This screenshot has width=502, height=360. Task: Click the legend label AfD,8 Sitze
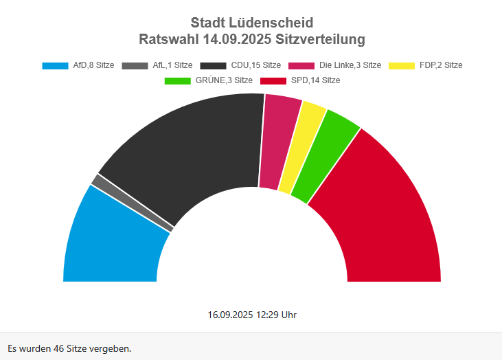pos(93,65)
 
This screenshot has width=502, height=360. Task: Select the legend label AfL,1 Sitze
pos(172,65)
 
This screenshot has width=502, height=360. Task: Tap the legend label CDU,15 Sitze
pos(256,65)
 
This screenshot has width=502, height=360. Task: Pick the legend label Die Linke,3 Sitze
pos(350,65)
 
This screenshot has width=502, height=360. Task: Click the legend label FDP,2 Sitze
pos(441,65)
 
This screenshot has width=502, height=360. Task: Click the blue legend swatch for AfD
pos(55,66)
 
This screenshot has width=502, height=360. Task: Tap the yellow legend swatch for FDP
pos(402,66)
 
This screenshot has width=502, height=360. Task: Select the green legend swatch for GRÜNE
pos(178,81)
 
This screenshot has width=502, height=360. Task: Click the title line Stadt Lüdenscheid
pos(251,23)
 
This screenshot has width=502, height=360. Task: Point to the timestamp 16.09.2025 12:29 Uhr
pos(252,315)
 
